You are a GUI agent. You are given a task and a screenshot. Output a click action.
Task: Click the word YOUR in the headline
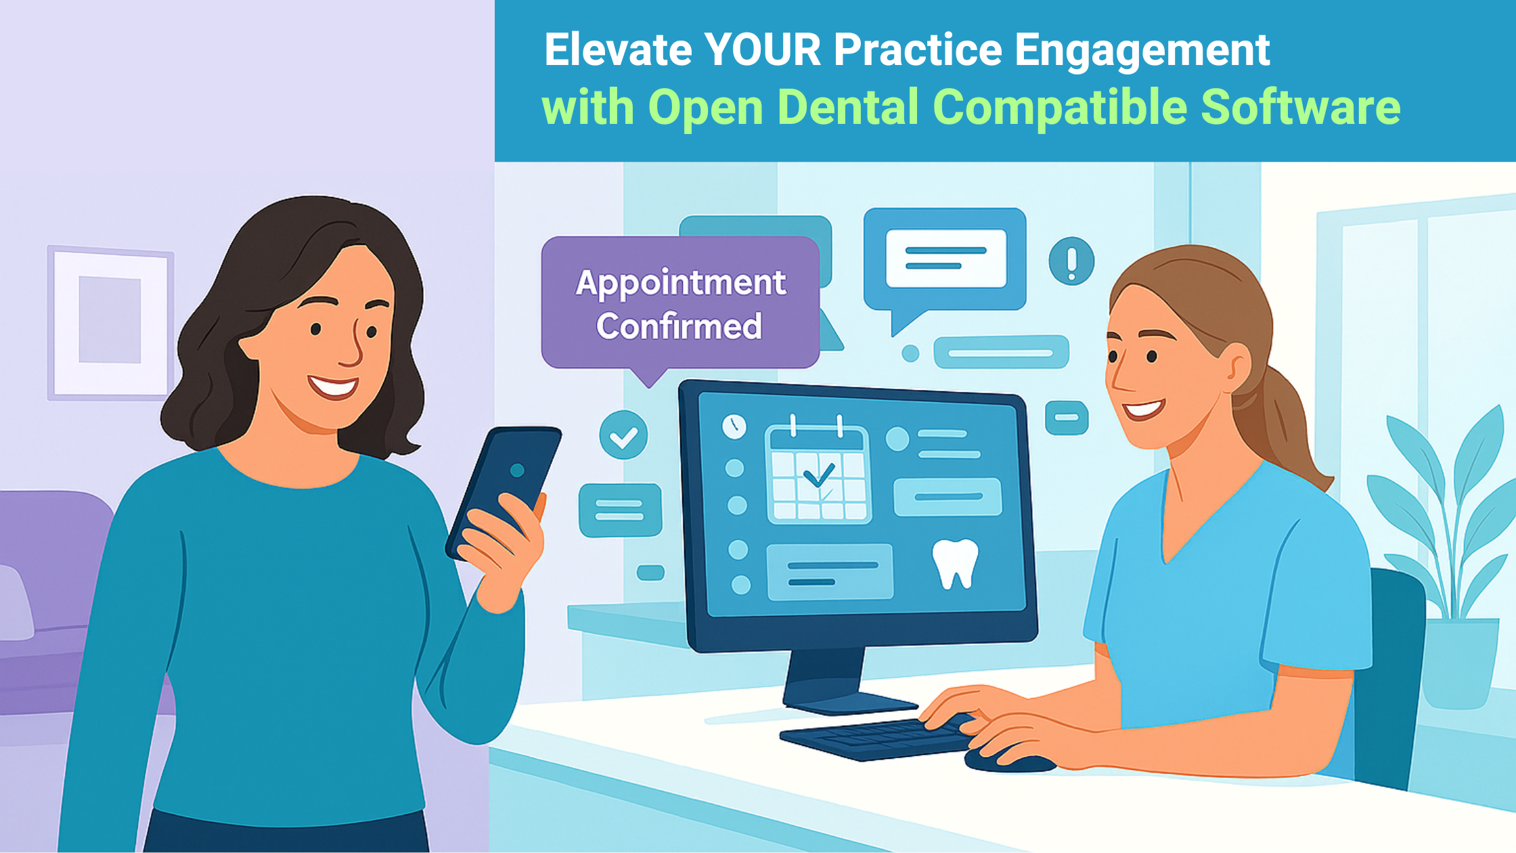[x=762, y=50]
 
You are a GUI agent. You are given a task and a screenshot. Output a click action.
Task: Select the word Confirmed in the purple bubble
[x=679, y=326]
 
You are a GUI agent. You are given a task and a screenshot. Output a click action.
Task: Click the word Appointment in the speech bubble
[x=680, y=283]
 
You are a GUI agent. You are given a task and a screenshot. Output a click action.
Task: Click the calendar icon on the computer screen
[x=818, y=474]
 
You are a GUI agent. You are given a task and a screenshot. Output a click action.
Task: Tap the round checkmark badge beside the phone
[x=623, y=435]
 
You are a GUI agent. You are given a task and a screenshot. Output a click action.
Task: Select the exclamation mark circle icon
[x=1071, y=261]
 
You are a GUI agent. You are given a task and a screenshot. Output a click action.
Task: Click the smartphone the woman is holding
[x=505, y=487]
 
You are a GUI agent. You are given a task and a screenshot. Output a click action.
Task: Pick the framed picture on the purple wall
[x=110, y=322]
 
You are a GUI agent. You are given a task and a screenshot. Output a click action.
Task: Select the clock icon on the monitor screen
[x=734, y=426]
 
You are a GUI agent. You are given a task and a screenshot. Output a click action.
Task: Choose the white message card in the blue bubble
[x=945, y=258]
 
